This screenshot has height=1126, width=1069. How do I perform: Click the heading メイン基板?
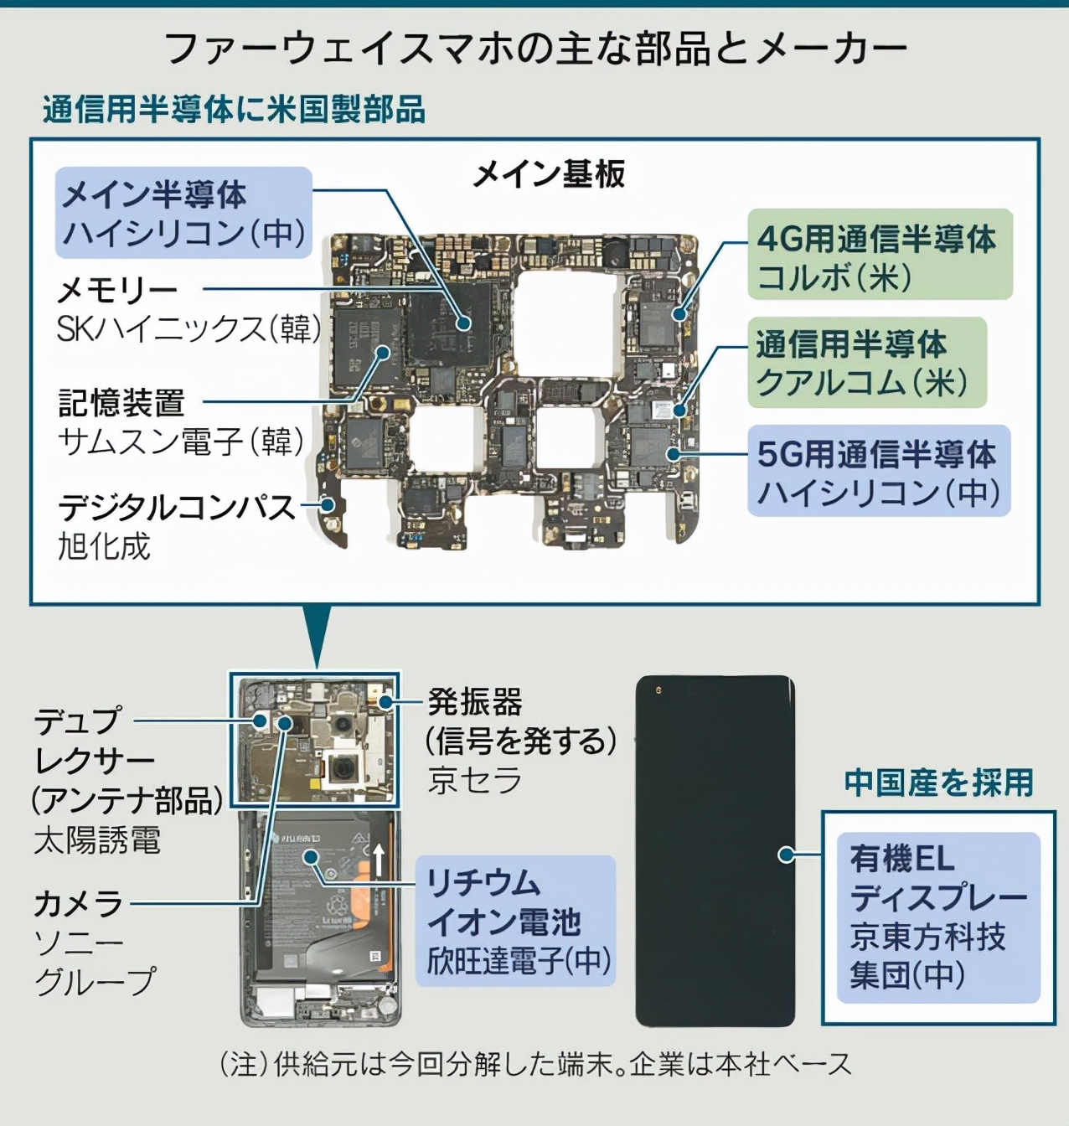click(548, 174)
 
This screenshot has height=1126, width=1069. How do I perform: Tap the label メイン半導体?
click(153, 194)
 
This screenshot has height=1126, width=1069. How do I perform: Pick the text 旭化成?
click(104, 545)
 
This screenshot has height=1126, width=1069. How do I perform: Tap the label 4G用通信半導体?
click(876, 239)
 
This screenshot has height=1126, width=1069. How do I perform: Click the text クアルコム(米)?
click(861, 382)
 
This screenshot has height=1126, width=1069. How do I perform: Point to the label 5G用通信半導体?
click(876, 453)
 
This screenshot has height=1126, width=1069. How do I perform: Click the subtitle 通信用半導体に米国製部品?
click(234, 110)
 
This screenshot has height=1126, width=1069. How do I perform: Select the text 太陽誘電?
click(97, 841)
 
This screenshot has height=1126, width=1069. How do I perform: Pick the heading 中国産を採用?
click(938, 783)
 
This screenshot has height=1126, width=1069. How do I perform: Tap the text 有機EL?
click(901, 859)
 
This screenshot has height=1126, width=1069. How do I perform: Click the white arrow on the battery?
click(378, 860)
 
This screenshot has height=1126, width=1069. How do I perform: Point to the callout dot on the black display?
click(787, 855)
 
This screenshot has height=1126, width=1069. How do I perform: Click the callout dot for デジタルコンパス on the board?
click(328, 505)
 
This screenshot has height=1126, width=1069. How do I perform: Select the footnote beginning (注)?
click(535, 1064)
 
